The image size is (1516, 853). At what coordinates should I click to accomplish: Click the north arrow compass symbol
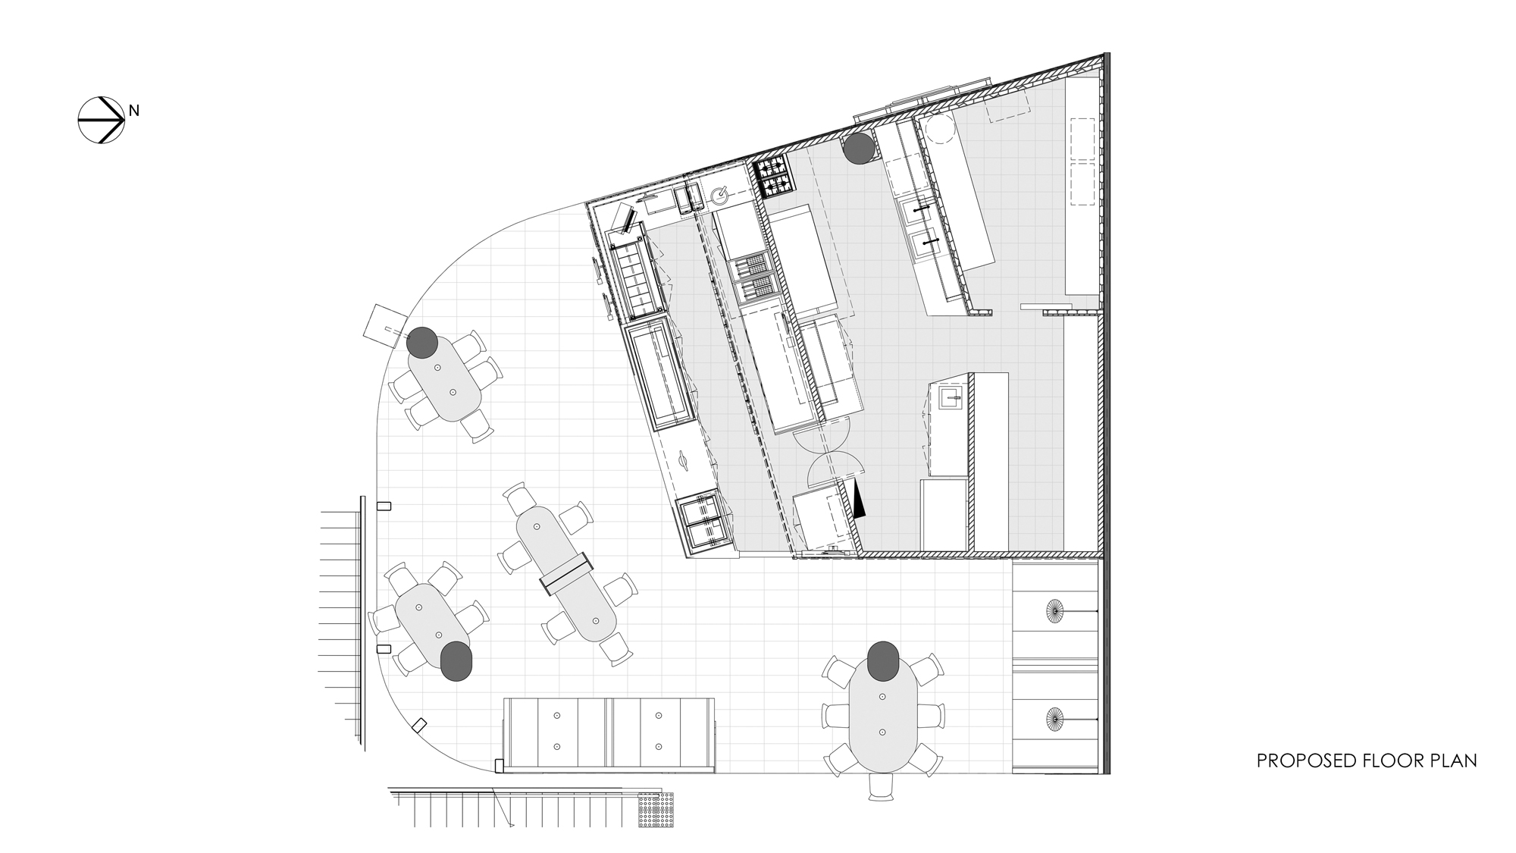pyautogui.click(x=101, y=120)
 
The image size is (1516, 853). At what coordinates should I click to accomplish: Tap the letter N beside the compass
pyautogui.click(x=133, y=111)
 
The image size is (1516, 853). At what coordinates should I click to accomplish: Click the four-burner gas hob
pyautogui.click(x=772, y=178)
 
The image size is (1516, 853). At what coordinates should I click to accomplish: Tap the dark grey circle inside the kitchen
pyautogui.click(x=860, y=149)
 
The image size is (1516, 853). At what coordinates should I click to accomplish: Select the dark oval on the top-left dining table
pyautogui.click(x=422, y=343)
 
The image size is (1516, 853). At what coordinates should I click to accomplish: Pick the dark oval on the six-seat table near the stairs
pyautogui.click(x=457, y=660)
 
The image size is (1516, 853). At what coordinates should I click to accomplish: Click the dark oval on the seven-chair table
pyautogui.click(x=883, y=660)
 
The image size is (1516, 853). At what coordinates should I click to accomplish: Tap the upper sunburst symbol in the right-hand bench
pyautogui.click(x=1054, y=610)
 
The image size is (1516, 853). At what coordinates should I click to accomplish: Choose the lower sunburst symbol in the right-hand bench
pyautogui.click(x=1054, y=718)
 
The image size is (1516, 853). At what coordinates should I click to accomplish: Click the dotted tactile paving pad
pyautogui.click(x=662, y=810)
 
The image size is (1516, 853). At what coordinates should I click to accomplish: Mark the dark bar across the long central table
pyautogui.click(x=565, y=573)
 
